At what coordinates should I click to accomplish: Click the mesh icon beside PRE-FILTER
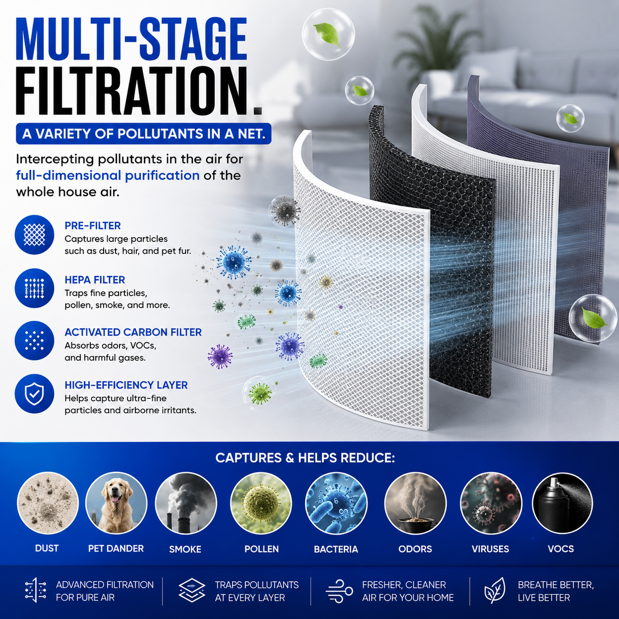[x=35, y=234]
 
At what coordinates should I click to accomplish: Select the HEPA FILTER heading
[x=95, y=280]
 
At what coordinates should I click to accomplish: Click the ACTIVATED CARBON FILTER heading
[x=133, y=332]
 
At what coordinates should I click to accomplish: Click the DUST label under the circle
[x=47, y=548]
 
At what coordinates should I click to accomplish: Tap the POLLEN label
[x=262, y=548]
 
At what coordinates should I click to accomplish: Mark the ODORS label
[x=415, y=548]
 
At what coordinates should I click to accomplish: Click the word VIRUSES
[x=490, y=548]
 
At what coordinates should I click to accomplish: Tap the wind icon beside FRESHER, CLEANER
[x=339, y=591]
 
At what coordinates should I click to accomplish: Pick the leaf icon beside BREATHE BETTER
[x=495, y=591]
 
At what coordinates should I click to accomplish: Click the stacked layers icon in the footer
[x=192, y=591]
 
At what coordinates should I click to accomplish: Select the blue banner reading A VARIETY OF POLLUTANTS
[x=144, y=134]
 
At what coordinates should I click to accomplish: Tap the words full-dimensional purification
[x=108, y=176]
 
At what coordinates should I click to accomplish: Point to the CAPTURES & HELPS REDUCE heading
[x=305, y=458]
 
